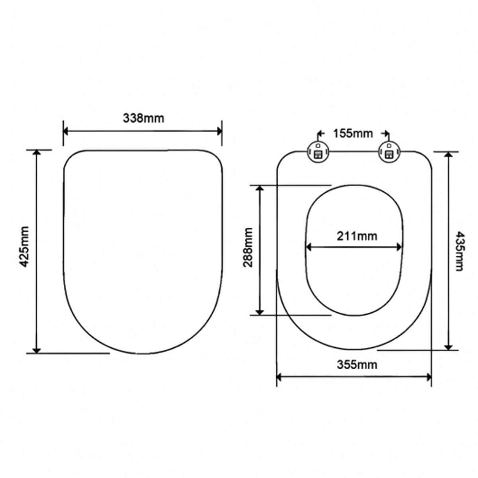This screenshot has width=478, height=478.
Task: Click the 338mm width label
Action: [144, 118]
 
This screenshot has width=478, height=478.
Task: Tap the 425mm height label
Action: [24, 247]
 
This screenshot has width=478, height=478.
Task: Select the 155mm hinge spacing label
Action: [353, 133]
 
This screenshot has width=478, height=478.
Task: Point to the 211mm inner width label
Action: [357, 236]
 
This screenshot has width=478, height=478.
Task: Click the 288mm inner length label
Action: [248, 247]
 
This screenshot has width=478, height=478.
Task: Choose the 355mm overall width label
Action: [357, 364]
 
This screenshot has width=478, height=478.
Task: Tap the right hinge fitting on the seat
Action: [389, 152]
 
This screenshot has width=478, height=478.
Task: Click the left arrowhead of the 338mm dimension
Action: [66, 131]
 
